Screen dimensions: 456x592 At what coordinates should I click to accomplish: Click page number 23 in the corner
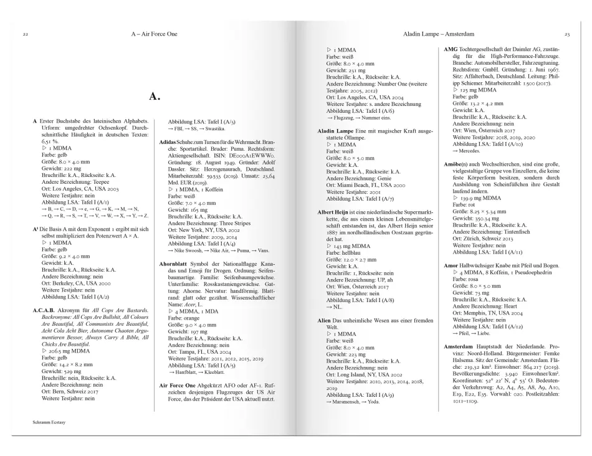pyautogui.click(x=566, y=32)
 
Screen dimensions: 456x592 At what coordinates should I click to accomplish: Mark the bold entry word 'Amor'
pyautogui.click(x=451, y=266)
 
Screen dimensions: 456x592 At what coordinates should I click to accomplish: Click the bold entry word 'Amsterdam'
pyautogui.click(x=461, y=344)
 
